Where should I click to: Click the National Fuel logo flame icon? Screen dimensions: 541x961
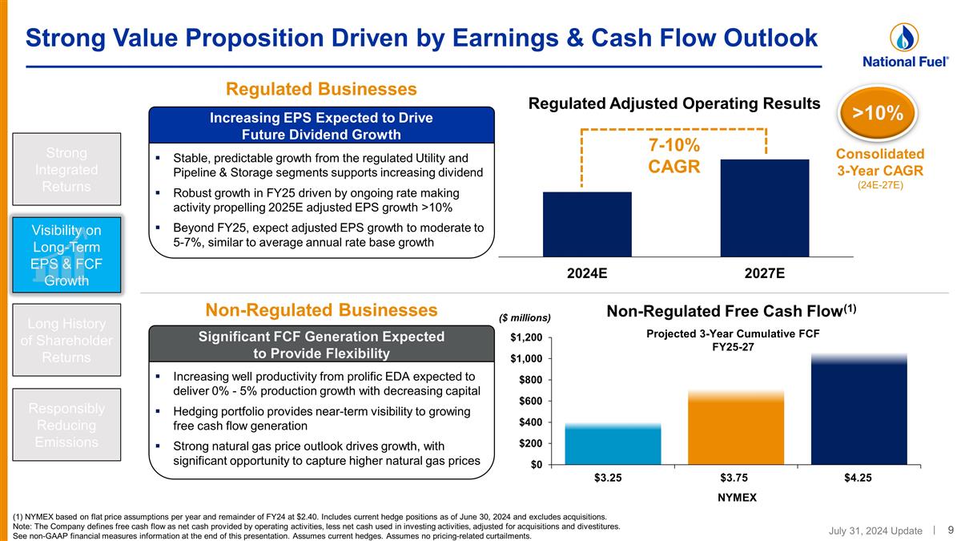click(904, 38)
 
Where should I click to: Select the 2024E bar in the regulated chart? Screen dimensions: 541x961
click(587, 224)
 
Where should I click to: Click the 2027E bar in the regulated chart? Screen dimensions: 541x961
click(764, 208)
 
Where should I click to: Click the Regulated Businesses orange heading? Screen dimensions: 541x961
click(322, 88)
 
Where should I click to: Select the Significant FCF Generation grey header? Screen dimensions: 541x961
click(320, 345)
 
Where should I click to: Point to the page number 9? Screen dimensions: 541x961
click(950, 530)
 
